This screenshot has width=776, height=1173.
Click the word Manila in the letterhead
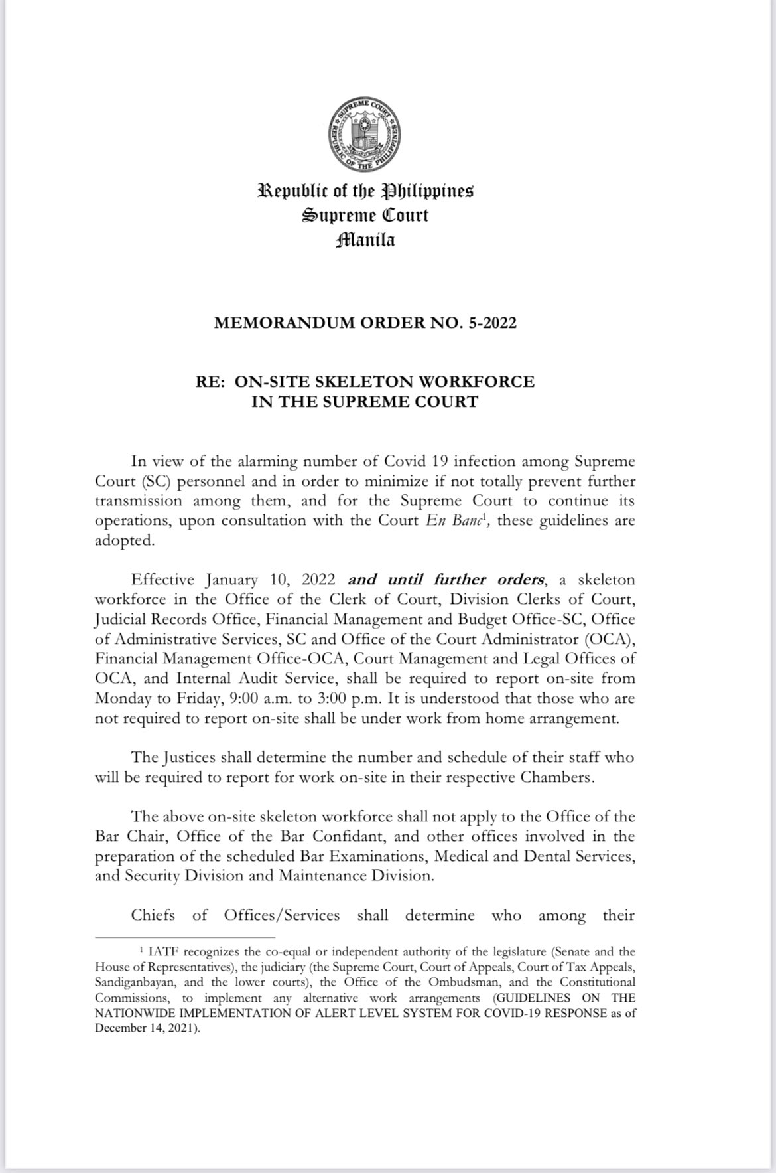365,239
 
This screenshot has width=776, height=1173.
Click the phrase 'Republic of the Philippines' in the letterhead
365,192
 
